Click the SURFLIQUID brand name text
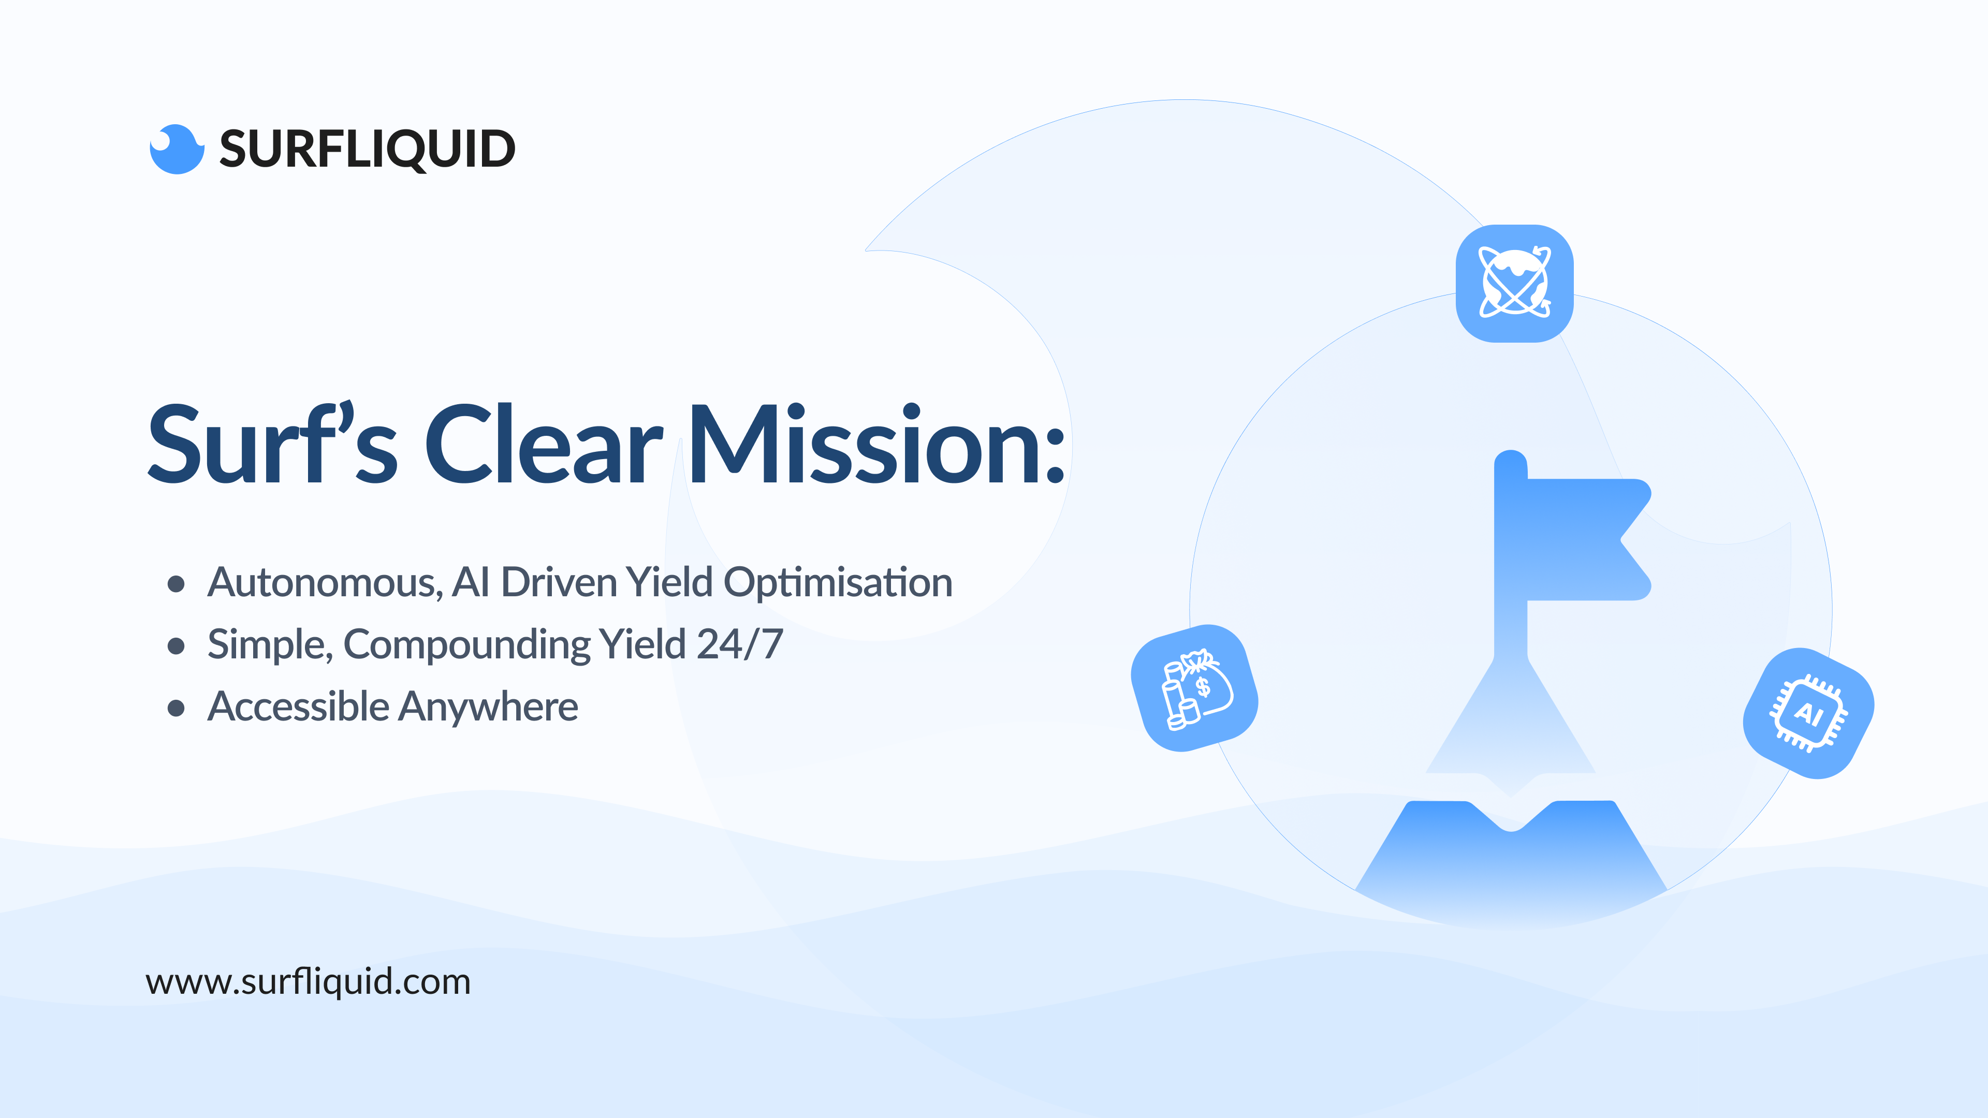point(368,149)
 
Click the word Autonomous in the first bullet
point(325,582)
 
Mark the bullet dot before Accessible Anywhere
point(176,708)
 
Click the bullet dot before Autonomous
point(176,584)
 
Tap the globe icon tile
point(1514,283)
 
